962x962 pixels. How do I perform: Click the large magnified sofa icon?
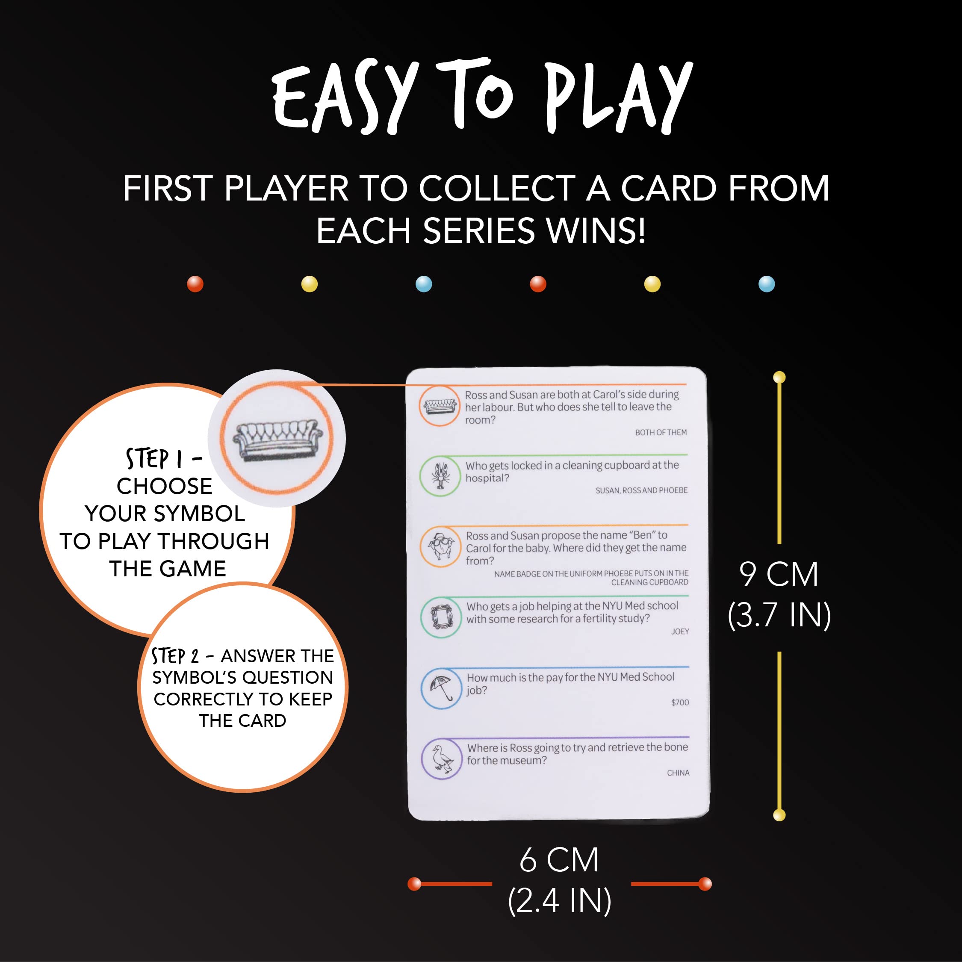[x=277, y=439]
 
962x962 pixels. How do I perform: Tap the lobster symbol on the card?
[x=440, y=475]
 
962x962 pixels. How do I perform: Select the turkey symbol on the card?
[x=441, y=546]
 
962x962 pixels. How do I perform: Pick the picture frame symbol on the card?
[x=441, y=617]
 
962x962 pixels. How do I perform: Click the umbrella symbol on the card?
[x=441, y=688]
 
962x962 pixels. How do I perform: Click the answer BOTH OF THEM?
[x=661, y=432]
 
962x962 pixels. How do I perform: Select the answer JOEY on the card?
[x=680, y=631]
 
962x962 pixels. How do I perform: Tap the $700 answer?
[x=680, y=702]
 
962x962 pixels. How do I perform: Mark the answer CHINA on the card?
[x=678, y=773]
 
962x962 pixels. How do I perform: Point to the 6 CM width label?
[x=559, y=859]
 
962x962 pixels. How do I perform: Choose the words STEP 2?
[x=175, y=656]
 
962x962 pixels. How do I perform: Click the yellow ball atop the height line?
[x=779, y=378]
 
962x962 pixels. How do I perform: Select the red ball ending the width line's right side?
[x=705, y=884]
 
